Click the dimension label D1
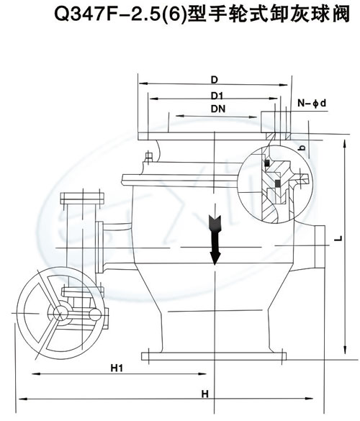217,96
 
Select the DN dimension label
218,109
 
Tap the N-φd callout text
312,103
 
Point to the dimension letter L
339,238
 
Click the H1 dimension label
117,368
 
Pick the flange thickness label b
303,148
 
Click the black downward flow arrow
215,239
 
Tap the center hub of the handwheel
60,313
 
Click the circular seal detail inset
276,185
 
